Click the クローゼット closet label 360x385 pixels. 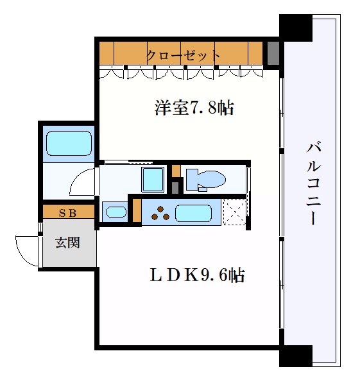click(184, 55)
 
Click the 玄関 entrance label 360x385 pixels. click(67, 243)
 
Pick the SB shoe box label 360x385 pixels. click(67, 213)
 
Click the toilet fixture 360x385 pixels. click(204, 179)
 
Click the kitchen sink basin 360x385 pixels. click(195, 213)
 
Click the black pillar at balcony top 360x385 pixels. click(296, 28)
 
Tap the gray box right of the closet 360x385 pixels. click(273, 53)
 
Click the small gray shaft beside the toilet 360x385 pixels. click(175, 187)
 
